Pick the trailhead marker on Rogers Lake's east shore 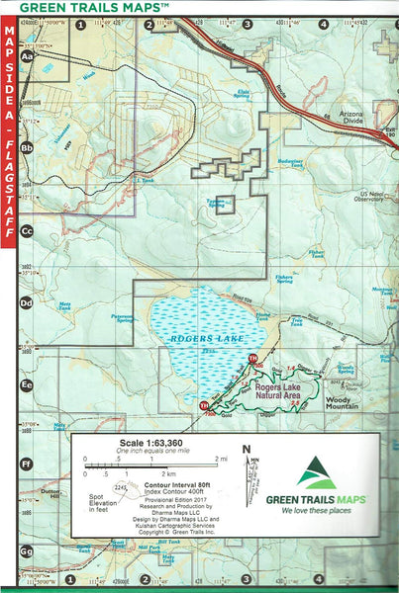coord(253,358)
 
